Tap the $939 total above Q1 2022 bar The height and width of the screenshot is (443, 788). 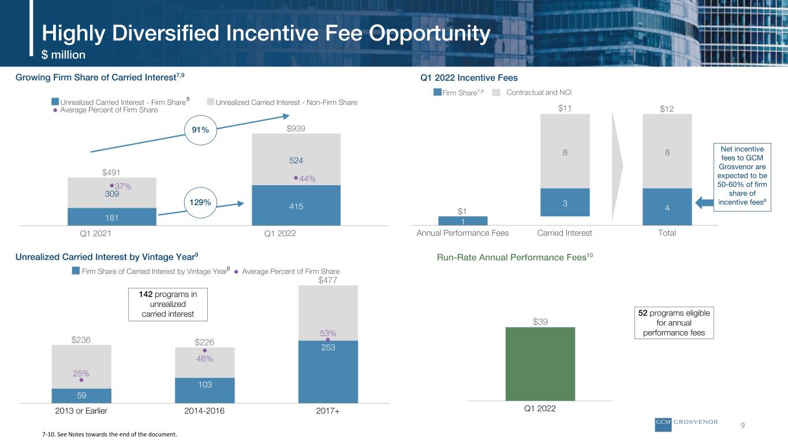coord(296,129)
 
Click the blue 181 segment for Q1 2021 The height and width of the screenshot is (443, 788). coord(112,216)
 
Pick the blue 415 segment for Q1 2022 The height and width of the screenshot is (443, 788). coord(296,205)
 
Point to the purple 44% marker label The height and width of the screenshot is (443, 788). coord(307,179)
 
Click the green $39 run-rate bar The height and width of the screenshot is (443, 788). coord(540,364)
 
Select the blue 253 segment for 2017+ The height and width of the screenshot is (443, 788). coord(328,371)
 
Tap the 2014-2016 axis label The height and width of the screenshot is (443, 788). coord(204,411)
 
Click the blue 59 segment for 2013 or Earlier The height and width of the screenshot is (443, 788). coord(81,396)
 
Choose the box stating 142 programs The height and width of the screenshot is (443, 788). coord(168,305)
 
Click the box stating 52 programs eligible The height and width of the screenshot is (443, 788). coord(674,323)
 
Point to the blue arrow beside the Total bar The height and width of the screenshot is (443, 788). coord(704,202)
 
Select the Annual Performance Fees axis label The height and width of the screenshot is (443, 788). coord(462,233)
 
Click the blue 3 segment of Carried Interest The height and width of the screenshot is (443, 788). coord(565,202)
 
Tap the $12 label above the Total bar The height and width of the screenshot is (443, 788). coord(667,109)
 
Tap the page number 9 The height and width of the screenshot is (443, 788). coord(742,426)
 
